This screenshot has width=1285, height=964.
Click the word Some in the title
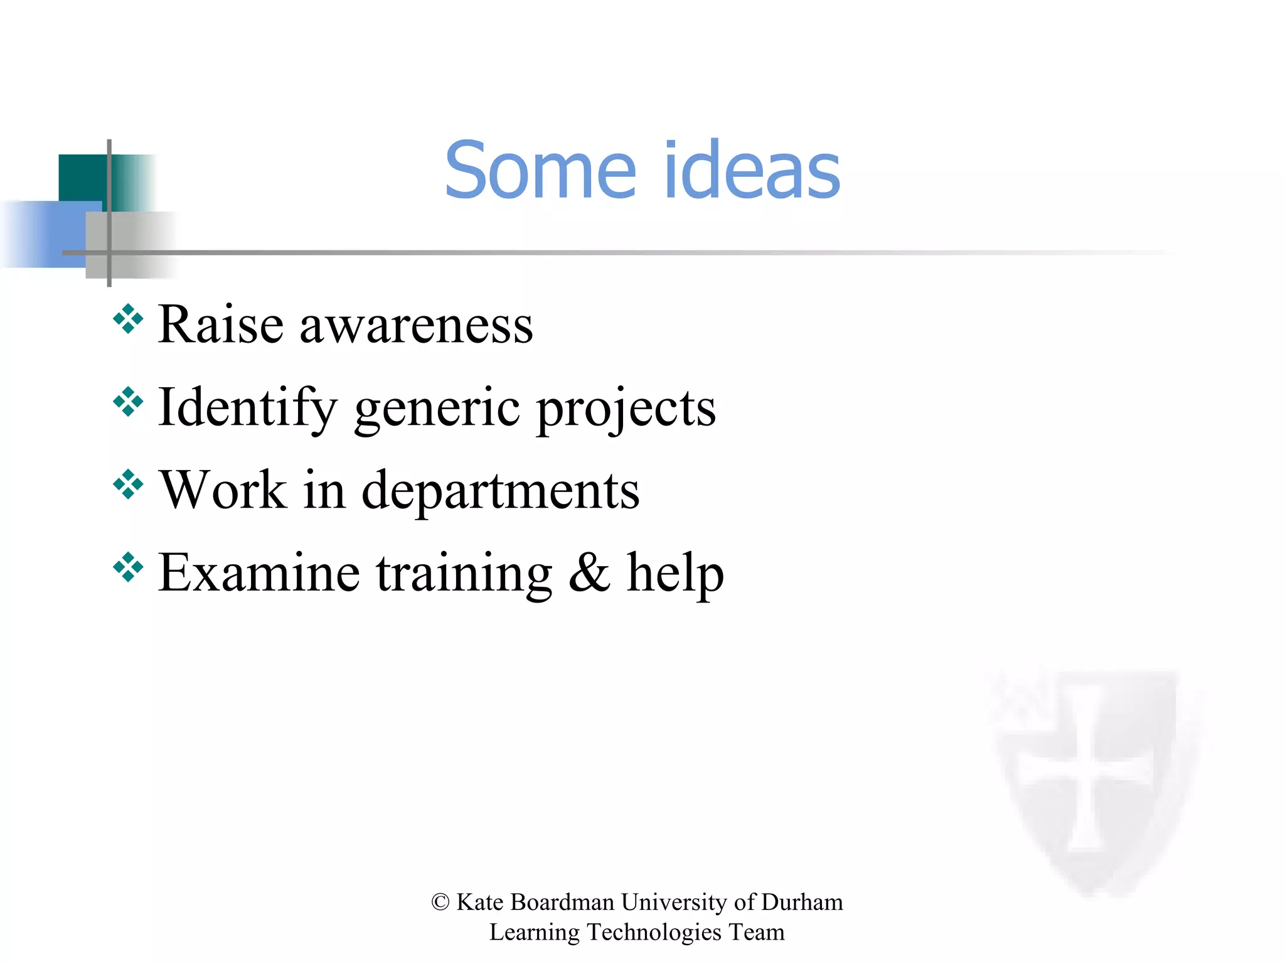pos(540,171)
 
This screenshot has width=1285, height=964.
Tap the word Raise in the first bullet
pos(220,324)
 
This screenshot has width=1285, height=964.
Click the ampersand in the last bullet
pos(589,572)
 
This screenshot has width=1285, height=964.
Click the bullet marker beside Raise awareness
pos(129,319)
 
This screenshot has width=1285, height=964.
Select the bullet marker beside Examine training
pos(129,567)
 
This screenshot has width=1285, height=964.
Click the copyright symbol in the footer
pos(440,902)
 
